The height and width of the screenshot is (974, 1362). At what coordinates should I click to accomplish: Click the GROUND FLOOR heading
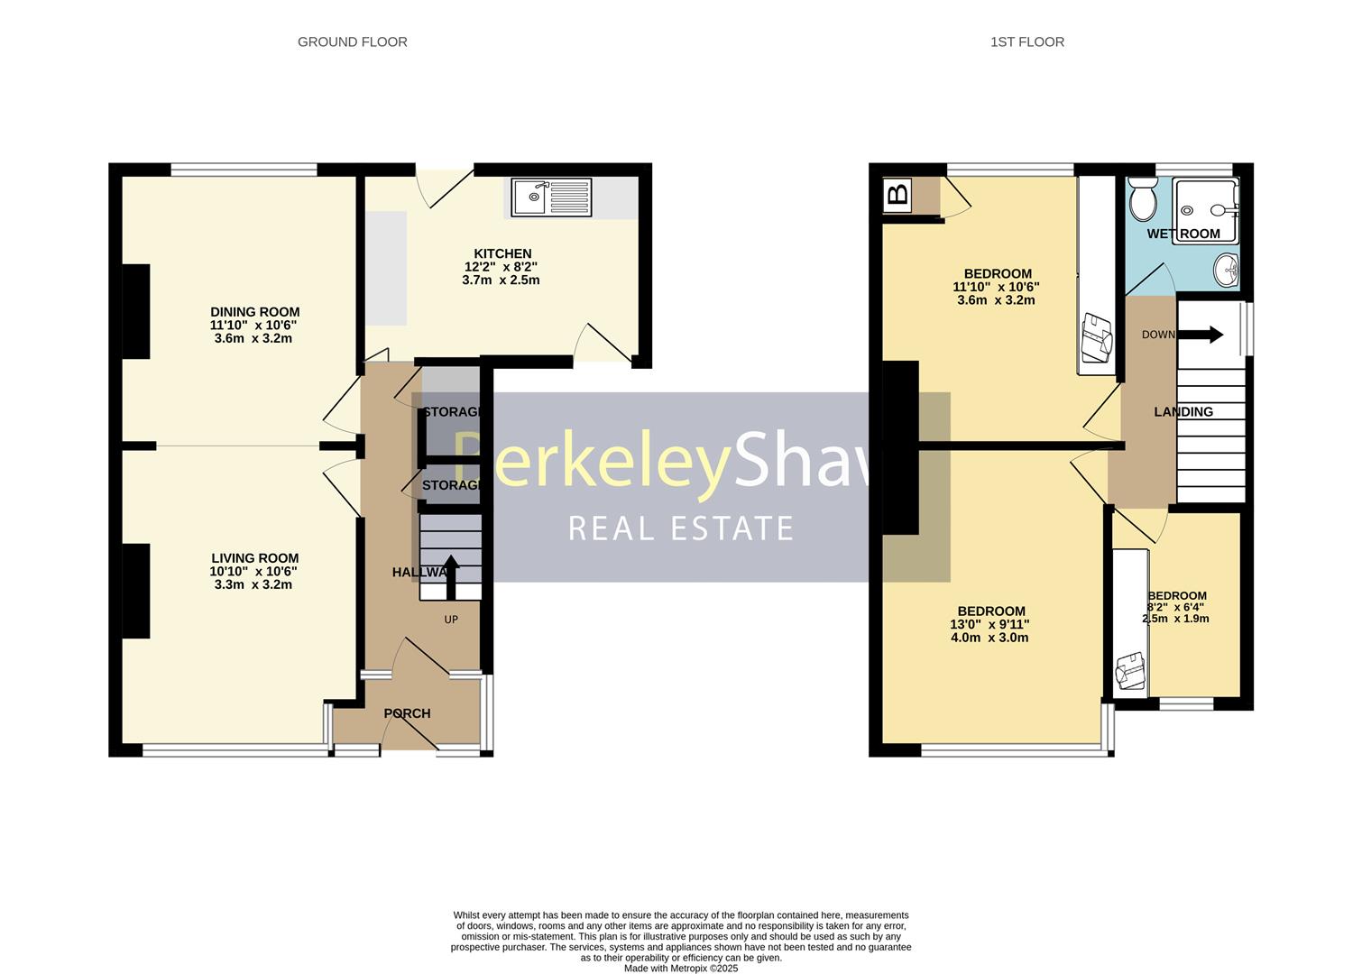pos(352,41)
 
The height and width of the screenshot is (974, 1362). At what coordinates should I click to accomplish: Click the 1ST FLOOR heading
pos(1026,41)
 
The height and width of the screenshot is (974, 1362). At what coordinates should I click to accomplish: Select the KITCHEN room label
pos(502,253)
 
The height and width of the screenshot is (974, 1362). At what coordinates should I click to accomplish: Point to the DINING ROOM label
pos(254,312)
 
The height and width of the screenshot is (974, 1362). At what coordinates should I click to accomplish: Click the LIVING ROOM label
pos(254,558)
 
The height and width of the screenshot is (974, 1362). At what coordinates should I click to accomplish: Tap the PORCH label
pos(407,713)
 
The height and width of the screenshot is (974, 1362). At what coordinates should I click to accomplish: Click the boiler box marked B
pos(897,194)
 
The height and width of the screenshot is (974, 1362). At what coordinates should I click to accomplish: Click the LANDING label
pos(1183,411)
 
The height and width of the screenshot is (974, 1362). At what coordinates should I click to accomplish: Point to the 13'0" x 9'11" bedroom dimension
pos(989,624)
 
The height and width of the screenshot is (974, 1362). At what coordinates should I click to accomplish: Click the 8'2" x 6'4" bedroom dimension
pos(1177,607)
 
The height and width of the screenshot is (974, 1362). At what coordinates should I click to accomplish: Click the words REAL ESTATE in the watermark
pos(681,528)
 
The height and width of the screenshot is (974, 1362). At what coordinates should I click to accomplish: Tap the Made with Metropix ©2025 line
pos(681,968)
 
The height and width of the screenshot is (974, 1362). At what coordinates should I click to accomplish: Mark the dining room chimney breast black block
pos(136,312)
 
